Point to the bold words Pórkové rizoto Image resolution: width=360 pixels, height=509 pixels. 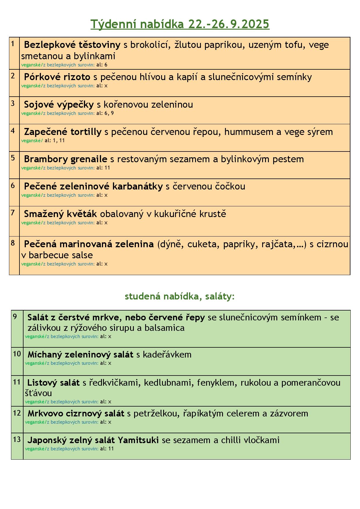tap(57, 77)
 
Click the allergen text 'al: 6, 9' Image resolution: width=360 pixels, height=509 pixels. tap(105, 113)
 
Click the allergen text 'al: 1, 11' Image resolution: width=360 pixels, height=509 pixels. tap(55, 140)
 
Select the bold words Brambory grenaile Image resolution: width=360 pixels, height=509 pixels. tap(66, 159)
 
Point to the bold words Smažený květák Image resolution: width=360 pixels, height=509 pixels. tap(60, 214)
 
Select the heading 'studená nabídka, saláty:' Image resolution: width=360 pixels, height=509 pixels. tap(179, 296)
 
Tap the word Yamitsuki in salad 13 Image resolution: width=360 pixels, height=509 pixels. tap(138, 440)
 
